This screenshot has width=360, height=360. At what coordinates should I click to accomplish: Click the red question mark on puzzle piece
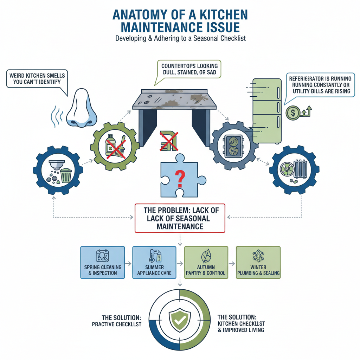[x=180, y=178]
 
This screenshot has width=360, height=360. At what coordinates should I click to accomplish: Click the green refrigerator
[x=267, y=110]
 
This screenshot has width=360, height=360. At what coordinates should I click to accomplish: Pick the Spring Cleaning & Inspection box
[x=103, y=262]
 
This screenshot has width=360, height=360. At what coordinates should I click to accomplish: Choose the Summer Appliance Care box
[x=154, y=262]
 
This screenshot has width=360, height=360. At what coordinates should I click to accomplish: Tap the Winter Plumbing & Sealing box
[x=258, y=262]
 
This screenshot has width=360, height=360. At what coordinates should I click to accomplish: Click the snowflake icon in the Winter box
[x=258, y=256]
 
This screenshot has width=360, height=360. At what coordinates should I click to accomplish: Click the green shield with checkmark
[x=180, y=320]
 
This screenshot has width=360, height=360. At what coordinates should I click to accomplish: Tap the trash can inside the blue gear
[x=66, y=175]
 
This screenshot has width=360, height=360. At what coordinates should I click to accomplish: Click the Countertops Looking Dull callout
[x=189, y=69]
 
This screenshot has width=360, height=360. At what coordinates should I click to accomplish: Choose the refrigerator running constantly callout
[x=319, y=85]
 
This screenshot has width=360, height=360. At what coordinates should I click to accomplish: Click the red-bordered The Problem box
[x=180, y=218]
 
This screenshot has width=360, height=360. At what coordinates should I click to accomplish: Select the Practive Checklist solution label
[x=116, y=320]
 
